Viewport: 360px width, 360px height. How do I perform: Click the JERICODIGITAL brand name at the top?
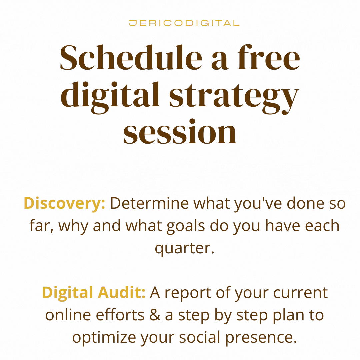tap(184, 23)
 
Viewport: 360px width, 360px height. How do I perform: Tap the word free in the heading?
tap(269, 57)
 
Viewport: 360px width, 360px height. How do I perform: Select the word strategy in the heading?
tap(234, 98)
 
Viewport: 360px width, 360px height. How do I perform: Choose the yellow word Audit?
tap(121, 293)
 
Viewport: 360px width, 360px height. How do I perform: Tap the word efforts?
tap(120, 315)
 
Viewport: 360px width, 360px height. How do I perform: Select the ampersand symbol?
tap(155, 315)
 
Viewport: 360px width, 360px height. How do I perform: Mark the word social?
tap(200, 337)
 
